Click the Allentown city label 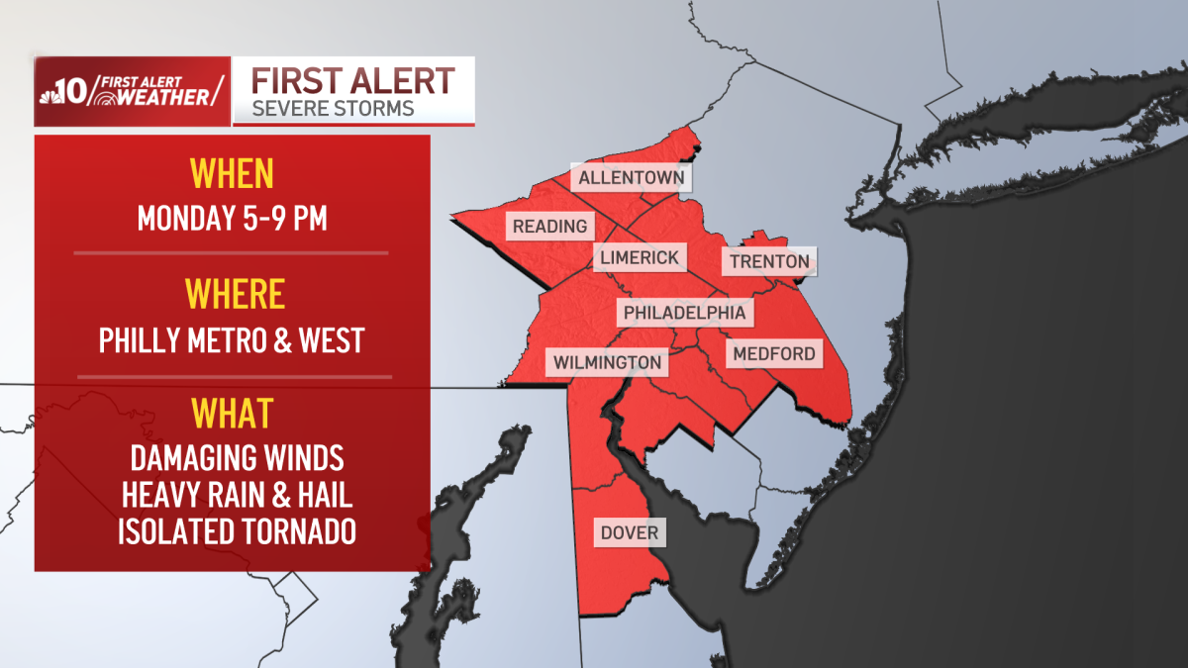point(632,179)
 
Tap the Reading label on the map point(549,227)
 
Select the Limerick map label point(640,258)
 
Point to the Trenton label point(769,262)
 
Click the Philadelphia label point(684,314)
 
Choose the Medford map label point(773,353)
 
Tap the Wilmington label point(607,362)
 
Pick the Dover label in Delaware point(629,533)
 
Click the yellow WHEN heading point(232,174)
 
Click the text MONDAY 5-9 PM point(232,218)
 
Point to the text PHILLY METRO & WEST point(233,339)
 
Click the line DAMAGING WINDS point(237,458)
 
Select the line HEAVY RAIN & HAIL point(237,495)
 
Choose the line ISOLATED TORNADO point(237,531)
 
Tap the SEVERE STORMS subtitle point(333,108)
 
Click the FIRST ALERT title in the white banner point(353,79)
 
